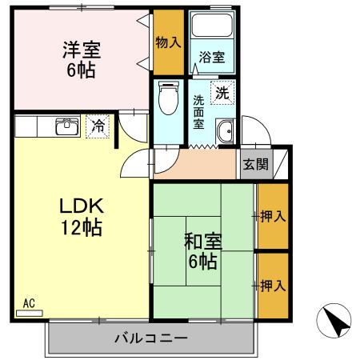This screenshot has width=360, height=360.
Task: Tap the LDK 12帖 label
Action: click(81, 217)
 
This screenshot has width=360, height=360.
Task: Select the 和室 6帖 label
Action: click(202, 250)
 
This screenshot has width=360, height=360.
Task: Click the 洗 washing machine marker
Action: click(222, 92)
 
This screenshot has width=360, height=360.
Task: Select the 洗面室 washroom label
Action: click(199, 114)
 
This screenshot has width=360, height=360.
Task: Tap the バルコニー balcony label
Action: click(150, 338)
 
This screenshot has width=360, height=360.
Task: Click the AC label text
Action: click(29, 303)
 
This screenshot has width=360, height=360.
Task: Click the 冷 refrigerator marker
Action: click(97, 126)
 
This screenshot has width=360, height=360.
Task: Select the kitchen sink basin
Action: click(66, 126)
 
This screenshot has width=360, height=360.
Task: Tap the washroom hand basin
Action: click(225, 133)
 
